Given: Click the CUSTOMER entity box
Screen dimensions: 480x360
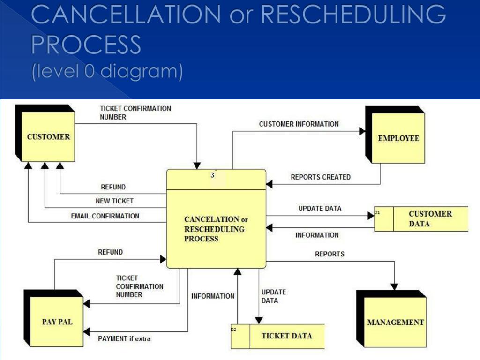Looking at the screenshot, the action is (45, 133).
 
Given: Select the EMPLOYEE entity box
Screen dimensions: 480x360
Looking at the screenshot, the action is (395, 135).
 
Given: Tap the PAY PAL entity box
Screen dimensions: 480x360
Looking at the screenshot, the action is (53, 318).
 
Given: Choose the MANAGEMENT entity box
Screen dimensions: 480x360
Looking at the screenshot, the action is (391, 319).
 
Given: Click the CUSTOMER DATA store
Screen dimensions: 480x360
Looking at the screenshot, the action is (421, 219).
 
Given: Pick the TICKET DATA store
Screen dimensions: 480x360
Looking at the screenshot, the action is (277, 337).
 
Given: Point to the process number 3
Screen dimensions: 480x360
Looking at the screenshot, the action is (212, 175).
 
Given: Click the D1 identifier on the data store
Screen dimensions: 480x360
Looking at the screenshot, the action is (377, 212).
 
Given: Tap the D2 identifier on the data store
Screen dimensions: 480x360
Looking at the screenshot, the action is (233, 330).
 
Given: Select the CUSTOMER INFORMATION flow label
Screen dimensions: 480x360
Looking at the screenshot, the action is (299, 124).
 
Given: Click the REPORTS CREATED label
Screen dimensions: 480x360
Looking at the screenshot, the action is (321, 177).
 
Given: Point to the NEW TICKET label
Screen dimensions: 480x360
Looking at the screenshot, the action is (114, 201).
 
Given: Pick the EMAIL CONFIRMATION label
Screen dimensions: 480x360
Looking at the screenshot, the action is (105, 216).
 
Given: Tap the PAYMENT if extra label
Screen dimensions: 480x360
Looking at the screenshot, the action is (124, 338).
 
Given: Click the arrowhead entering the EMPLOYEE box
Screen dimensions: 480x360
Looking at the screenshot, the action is (362, 131).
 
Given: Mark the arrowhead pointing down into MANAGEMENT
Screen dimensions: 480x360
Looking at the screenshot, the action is (394, 286).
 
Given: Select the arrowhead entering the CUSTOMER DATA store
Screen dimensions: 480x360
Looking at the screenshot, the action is (371, 216).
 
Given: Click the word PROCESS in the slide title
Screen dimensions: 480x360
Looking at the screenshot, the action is (86, 45).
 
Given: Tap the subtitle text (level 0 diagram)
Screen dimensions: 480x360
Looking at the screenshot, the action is (107, 71).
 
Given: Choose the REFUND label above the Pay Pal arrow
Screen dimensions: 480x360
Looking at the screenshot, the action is (110, 252).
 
